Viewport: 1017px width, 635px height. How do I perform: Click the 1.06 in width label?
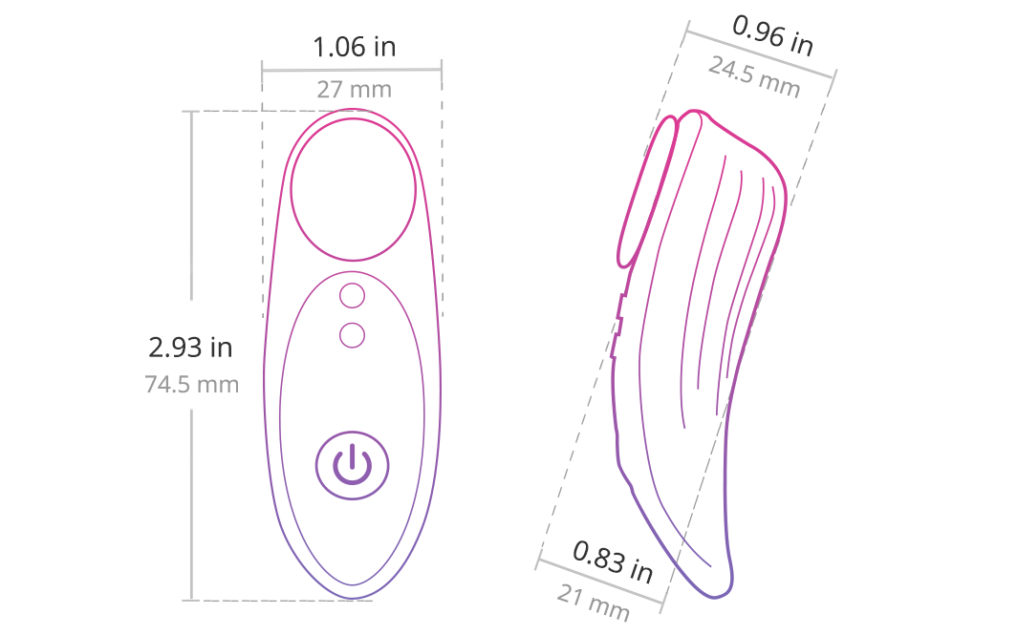(354, 47)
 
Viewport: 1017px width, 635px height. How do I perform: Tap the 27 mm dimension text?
(354, 90)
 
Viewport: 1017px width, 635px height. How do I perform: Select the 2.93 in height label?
(190, 348)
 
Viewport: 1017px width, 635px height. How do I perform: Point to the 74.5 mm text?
(192, 384)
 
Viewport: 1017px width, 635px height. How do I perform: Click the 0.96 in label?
(772, 35)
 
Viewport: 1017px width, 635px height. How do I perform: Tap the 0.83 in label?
(613, 561)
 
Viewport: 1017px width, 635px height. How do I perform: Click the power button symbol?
(352, 465)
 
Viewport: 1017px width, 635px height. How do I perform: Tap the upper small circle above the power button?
(352, 296)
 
